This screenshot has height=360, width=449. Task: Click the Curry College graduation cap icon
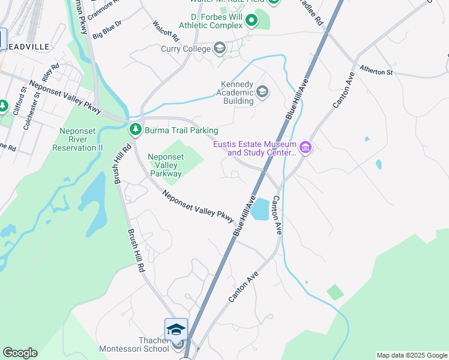(220, 48)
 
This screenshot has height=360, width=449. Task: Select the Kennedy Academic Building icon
(262, 92)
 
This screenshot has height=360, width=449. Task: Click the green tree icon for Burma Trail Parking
(136, 129)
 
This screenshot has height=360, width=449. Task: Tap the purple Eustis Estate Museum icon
(305, 147)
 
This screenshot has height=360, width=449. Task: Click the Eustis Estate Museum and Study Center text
(255, 149)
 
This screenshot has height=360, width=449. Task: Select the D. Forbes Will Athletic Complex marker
(251, 22)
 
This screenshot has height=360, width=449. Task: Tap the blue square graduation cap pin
(176, 329)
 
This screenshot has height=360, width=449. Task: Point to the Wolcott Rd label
(166, 30)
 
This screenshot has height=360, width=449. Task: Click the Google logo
(20, 353)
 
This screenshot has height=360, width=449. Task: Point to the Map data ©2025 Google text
(412, 355)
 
